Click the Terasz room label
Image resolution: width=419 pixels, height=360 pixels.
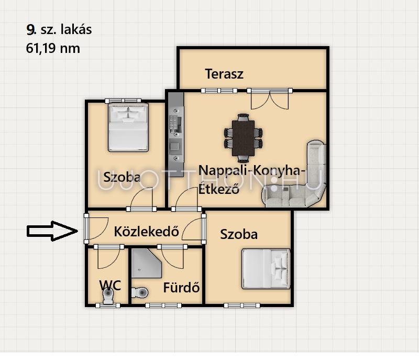point(224,74)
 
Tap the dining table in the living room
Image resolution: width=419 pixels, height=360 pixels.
point(243,138)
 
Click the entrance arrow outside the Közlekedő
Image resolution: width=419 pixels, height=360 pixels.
point(52,231)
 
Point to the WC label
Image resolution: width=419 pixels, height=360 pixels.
point(110,286)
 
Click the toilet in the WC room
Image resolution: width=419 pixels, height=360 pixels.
point(108,296)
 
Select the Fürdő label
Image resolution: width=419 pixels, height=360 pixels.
point(181,288)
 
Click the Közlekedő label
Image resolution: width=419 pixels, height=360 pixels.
point(147,232)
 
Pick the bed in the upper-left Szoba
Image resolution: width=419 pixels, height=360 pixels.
point(128,127)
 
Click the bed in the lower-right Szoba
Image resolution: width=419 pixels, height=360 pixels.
point(266,269)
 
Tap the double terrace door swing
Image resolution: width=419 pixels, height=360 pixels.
point(270,100)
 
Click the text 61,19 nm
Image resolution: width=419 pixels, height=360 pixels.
point(53,49)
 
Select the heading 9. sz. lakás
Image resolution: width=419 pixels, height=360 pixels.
point(59,29)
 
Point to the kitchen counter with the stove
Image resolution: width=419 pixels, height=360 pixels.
point(176,135)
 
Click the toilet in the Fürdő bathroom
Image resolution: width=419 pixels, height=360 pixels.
point(139,292)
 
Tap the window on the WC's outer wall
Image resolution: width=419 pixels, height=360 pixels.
point(108,306)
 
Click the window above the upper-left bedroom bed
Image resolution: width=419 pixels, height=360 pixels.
point(123,101)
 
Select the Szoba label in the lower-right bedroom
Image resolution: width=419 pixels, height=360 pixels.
point(239,234)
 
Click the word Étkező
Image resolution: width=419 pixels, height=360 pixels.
point(218,189)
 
